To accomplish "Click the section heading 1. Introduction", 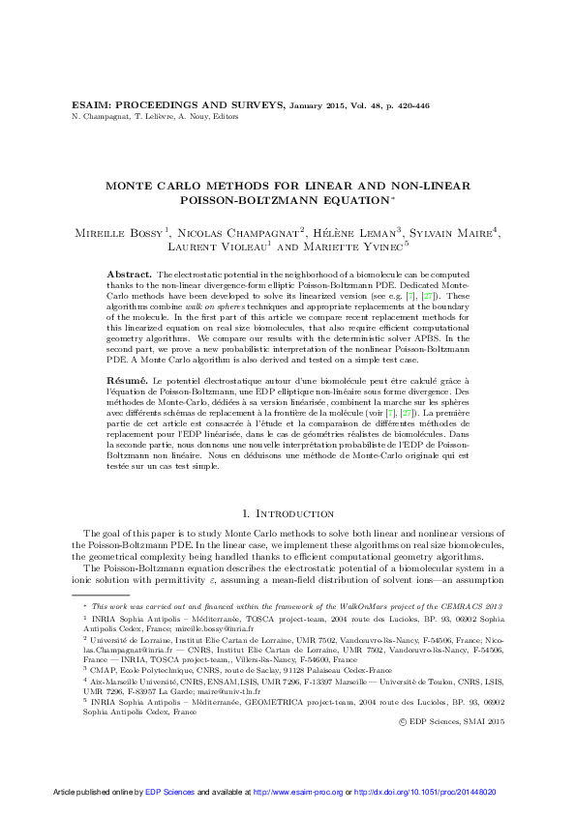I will (x=288, y=513).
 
